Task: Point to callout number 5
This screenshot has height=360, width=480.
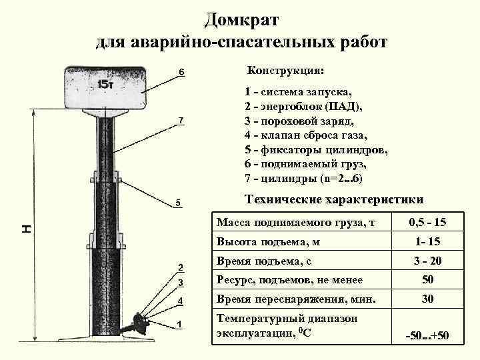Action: click(x=179, y=203)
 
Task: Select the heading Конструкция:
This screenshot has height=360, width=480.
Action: click(x=286, y=70)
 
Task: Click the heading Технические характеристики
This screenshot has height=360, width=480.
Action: click(x=334, y=199)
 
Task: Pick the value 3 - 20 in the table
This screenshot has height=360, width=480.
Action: click(x=427, y=261)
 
